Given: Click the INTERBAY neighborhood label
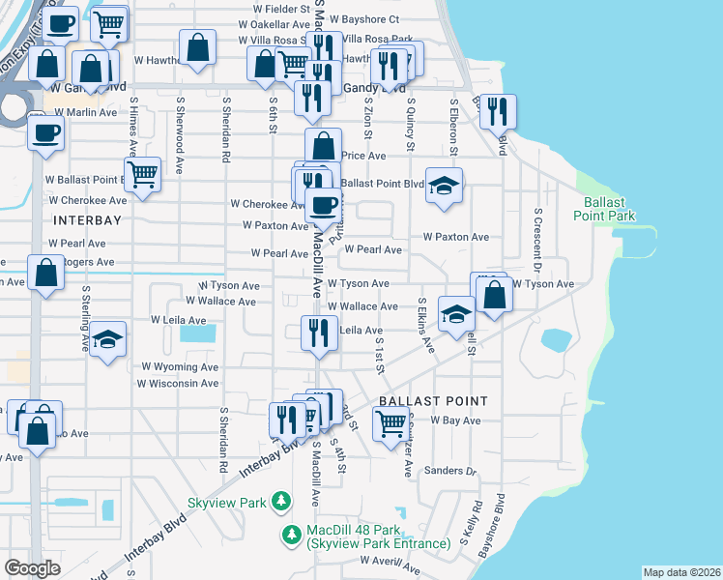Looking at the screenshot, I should (68, 221).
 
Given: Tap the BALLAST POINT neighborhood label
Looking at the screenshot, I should (432, 400).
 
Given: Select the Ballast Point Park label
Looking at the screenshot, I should (609, 209).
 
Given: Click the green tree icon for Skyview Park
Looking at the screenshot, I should (280, 500).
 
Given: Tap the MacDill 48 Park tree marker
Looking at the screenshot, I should (290, 534).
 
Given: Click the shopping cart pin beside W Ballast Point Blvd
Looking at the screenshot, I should (142, 175).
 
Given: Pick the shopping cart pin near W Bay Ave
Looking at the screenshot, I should (390, 422).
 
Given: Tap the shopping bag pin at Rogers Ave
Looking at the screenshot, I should (45, 273).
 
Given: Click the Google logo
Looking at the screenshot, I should (33, 567).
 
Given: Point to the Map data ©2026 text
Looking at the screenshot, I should (681, 572).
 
